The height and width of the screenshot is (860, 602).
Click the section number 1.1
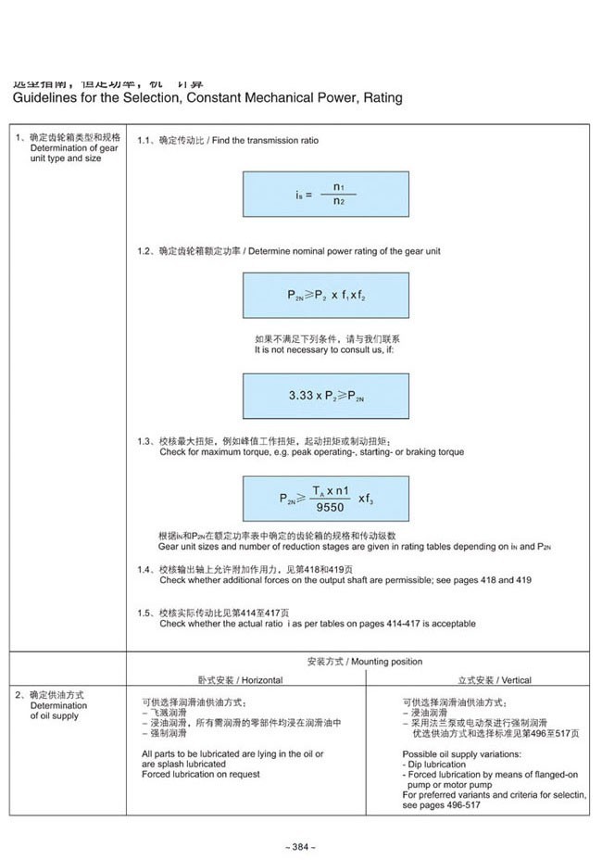click(144, 140)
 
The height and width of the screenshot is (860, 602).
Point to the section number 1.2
click(144, 251)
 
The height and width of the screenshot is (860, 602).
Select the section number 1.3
click(144, 440)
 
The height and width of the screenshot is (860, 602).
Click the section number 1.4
click(144, 569)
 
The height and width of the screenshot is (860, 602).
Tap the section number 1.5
click(144, 613)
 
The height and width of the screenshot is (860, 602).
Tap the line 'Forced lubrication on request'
click(201, 774)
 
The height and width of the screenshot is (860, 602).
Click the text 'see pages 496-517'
click(442, 805)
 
